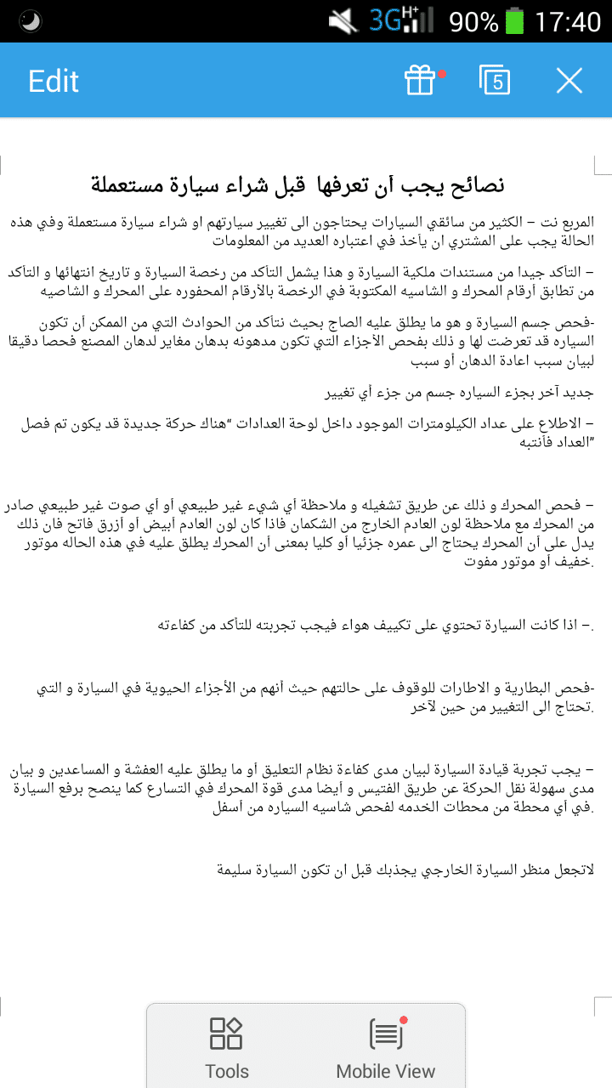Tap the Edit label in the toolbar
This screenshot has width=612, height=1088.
click(54, 81)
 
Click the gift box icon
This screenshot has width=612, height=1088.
click(420, 81)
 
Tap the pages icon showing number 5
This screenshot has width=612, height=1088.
click(495, 80)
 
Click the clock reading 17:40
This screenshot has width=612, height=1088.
click(568, 21)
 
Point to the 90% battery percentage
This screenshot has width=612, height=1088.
click(473, 21)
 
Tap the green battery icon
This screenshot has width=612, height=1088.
click(514, 21)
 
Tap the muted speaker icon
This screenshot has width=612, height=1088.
click(344, 21)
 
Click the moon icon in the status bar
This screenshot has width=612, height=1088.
click(31, 21)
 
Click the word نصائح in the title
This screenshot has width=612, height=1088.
click(476, 184)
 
